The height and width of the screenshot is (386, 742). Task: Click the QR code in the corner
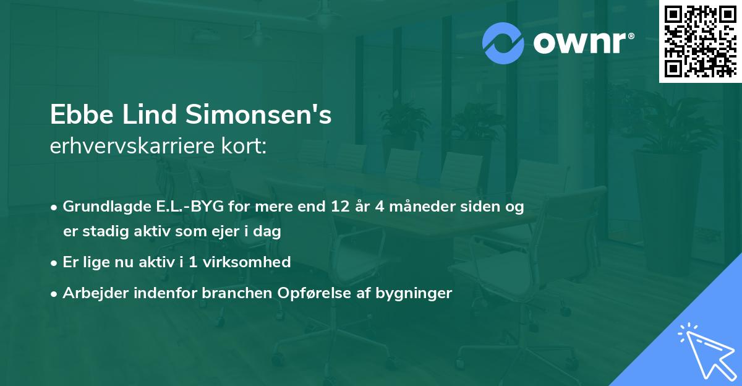click(700, 41)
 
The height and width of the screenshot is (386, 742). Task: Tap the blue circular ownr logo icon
click(503, 43)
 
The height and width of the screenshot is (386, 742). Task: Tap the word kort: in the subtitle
click(244, 148)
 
